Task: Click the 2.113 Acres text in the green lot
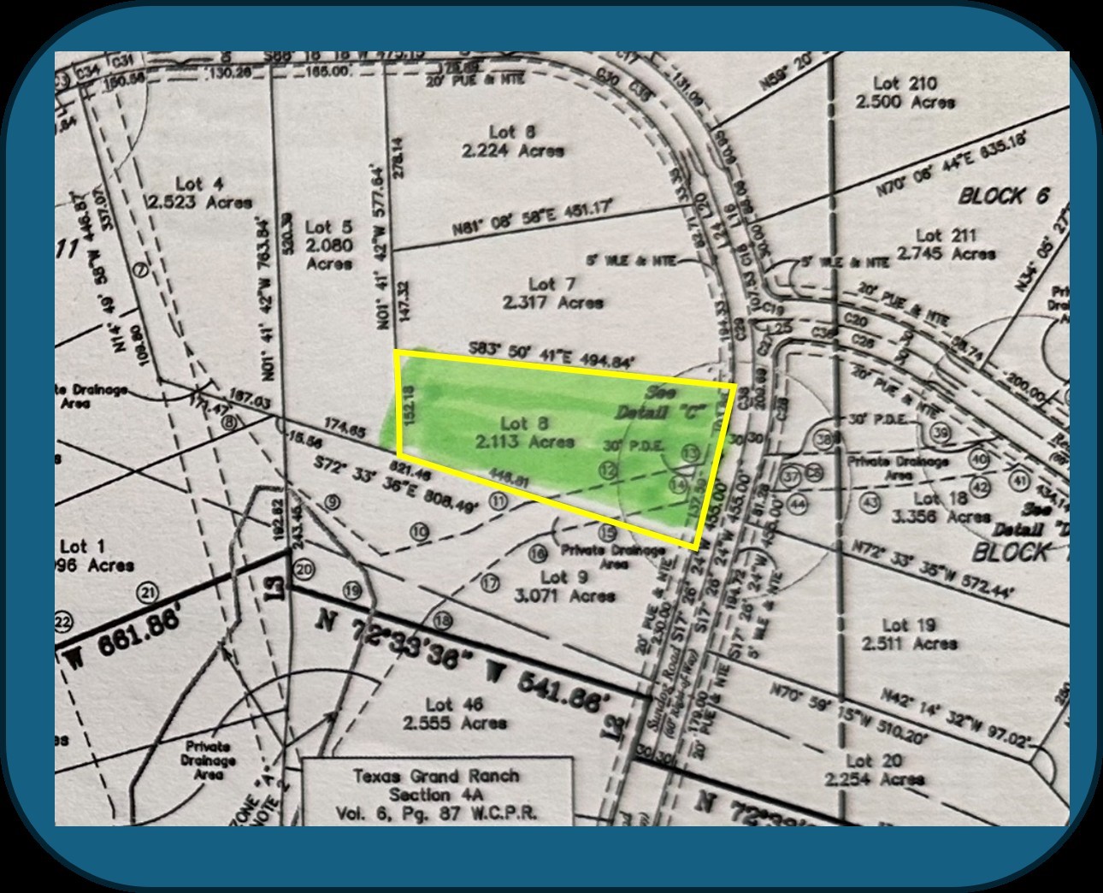click(526, 441)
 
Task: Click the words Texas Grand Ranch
click(436, 777)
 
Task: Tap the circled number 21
click(150, 594)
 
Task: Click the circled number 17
click(490, 584)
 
